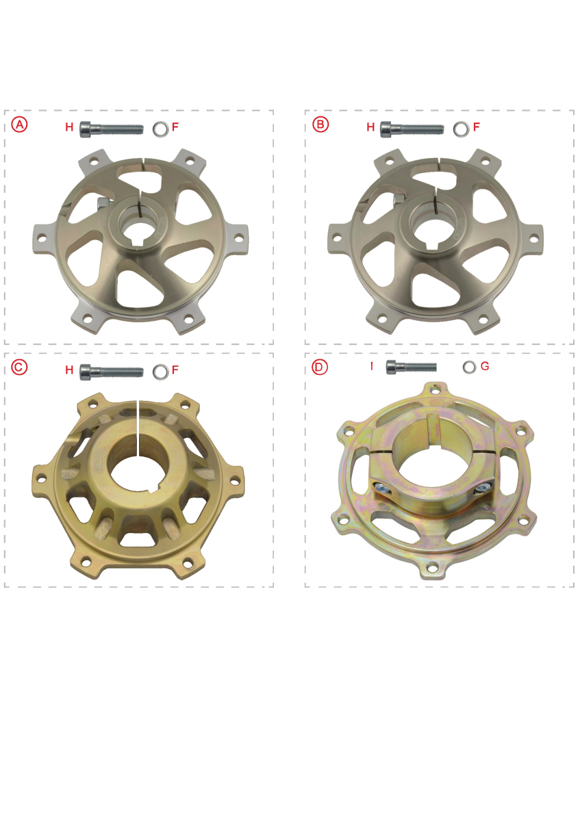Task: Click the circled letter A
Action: tap(19, 125)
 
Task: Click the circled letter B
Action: tap(320, 125)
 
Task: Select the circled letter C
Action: tap(19, 367)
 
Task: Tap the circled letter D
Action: tap(320, 367)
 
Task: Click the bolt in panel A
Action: tap(112, 129)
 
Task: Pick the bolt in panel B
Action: tap(412, 129)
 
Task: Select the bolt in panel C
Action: tap(112, 372)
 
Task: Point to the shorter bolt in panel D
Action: tap(412, 367)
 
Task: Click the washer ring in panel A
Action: tap(161, 129)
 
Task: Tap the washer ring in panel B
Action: tap(461, 129)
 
